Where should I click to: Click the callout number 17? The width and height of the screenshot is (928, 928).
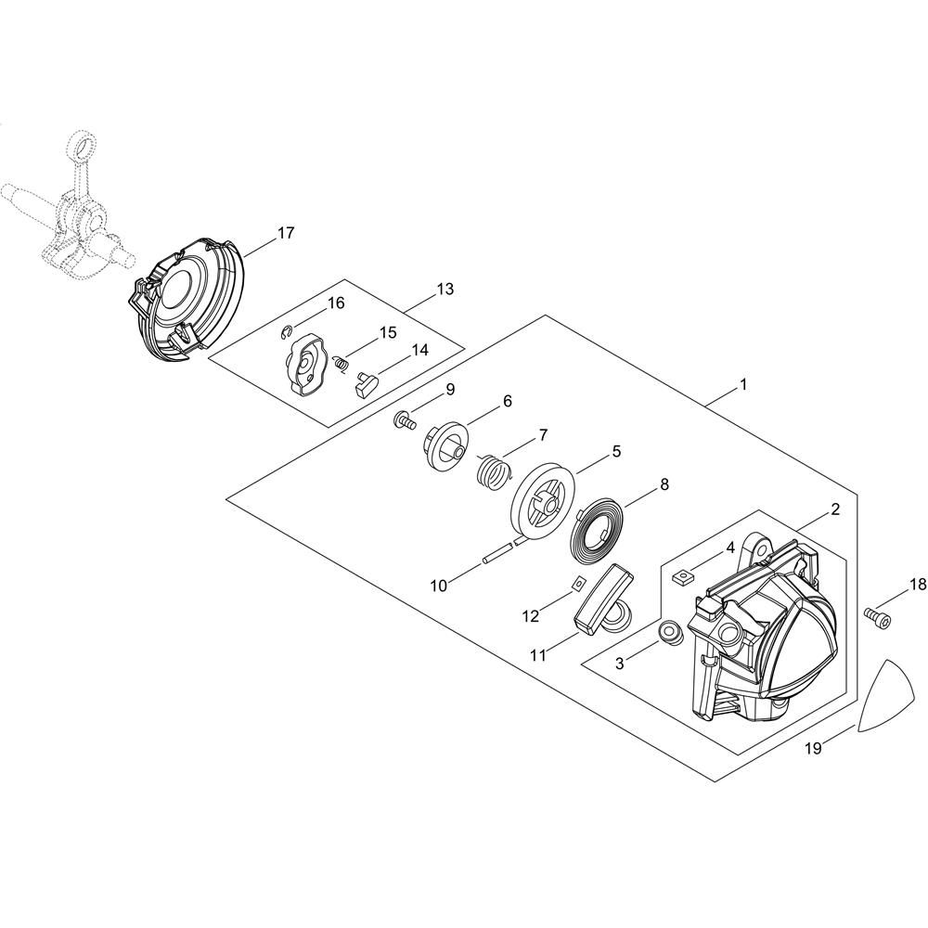(x=285, y=233)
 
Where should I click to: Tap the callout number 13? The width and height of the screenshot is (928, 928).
(x=445, y=289)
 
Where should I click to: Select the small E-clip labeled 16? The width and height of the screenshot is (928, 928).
(x=287, y=332)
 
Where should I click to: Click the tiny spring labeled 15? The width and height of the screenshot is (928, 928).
(x=341, y=364)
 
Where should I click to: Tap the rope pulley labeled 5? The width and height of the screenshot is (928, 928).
(x=542, y=501)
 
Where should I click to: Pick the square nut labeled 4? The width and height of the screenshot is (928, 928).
(x=682, y=576)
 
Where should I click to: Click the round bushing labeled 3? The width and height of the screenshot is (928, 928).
(x=672, y=632)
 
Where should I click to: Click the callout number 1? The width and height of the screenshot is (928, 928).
(x=742, y=385)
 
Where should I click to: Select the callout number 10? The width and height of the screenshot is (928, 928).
(x=439, y=586)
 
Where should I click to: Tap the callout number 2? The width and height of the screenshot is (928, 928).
(x=835, y=509)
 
